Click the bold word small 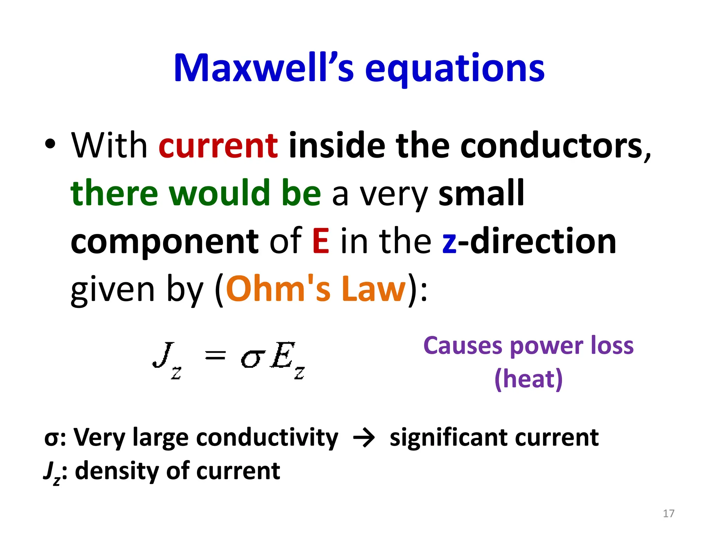pyautogui.click(x=481, y=193)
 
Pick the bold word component pyautogui.click(x=164, y=242)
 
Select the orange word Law pyautogui.click(x=373, y=289)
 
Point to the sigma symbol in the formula pyautogui.click(x=251, y=359)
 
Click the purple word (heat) pyautogui.click(x=528, y=379)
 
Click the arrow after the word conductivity pyautogui.click(x=364, y=438)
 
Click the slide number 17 pyautogui.click(x=669, y=513)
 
